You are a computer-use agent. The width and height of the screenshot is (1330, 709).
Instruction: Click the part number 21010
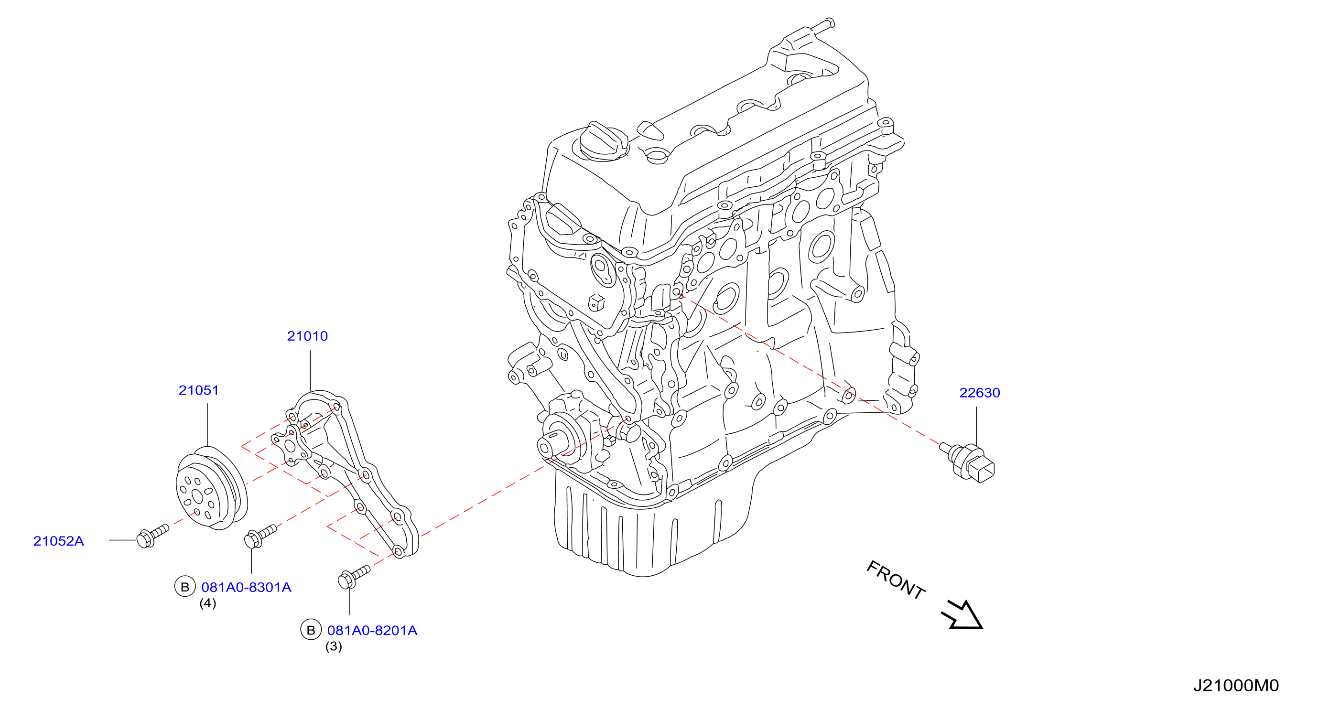307,336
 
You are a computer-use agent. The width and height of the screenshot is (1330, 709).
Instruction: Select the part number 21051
199,390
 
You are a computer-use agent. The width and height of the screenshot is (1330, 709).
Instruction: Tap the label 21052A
58,541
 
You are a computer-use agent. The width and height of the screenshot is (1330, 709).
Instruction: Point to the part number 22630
979,393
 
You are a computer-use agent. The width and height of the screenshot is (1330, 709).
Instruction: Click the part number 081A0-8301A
246,587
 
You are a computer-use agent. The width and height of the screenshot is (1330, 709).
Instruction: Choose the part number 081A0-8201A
372,630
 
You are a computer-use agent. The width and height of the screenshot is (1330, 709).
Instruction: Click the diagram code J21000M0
1236,685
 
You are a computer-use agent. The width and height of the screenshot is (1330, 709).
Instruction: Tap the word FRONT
895,580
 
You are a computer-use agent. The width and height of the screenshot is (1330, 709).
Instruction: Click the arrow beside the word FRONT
962,614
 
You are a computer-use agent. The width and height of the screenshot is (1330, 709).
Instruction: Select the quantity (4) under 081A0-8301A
207,603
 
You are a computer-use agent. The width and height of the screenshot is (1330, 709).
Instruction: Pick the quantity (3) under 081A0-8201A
334,646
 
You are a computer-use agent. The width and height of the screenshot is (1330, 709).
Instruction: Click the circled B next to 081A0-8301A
185,587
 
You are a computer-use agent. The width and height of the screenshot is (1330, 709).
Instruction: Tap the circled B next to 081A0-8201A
311,630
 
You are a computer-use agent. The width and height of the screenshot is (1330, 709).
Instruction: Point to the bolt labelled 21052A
152,536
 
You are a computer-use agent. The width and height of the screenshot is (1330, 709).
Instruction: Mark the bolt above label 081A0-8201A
354,577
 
